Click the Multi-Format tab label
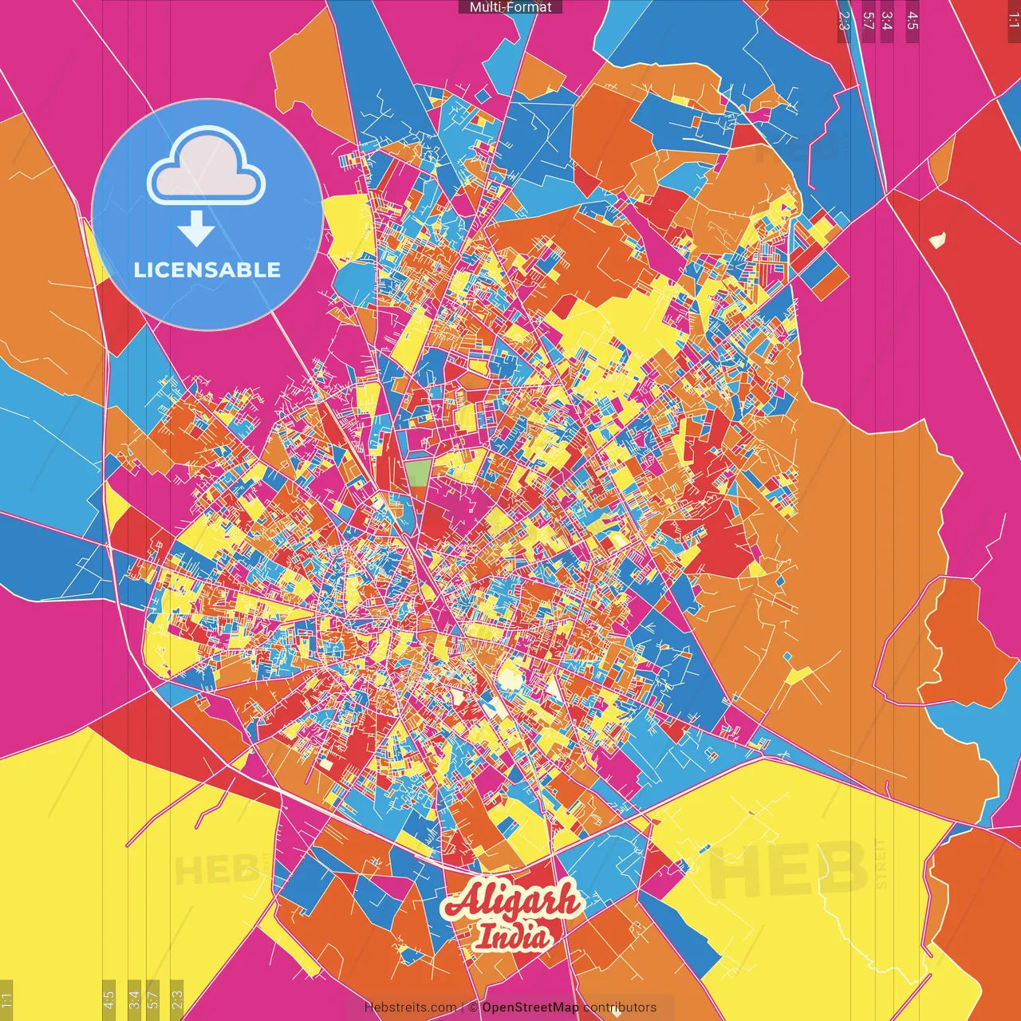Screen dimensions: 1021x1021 (510, 7)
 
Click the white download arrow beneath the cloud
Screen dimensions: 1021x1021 (196, 230)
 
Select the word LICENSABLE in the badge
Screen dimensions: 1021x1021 (207, 270)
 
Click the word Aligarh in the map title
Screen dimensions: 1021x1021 (511, 901)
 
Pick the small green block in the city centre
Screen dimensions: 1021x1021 (417, 472)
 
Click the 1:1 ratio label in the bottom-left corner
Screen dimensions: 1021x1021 (7, 999)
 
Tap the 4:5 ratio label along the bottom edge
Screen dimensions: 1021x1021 (108, 999)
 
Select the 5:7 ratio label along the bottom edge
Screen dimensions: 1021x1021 (153, 999)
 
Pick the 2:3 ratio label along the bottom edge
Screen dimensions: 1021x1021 (177, 999)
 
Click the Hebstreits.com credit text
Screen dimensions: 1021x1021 (410, 1007)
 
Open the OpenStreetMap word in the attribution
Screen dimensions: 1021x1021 (530, 1007)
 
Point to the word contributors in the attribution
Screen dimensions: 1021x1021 (620, 1007)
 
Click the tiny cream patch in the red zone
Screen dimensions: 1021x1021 (937, 239)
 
